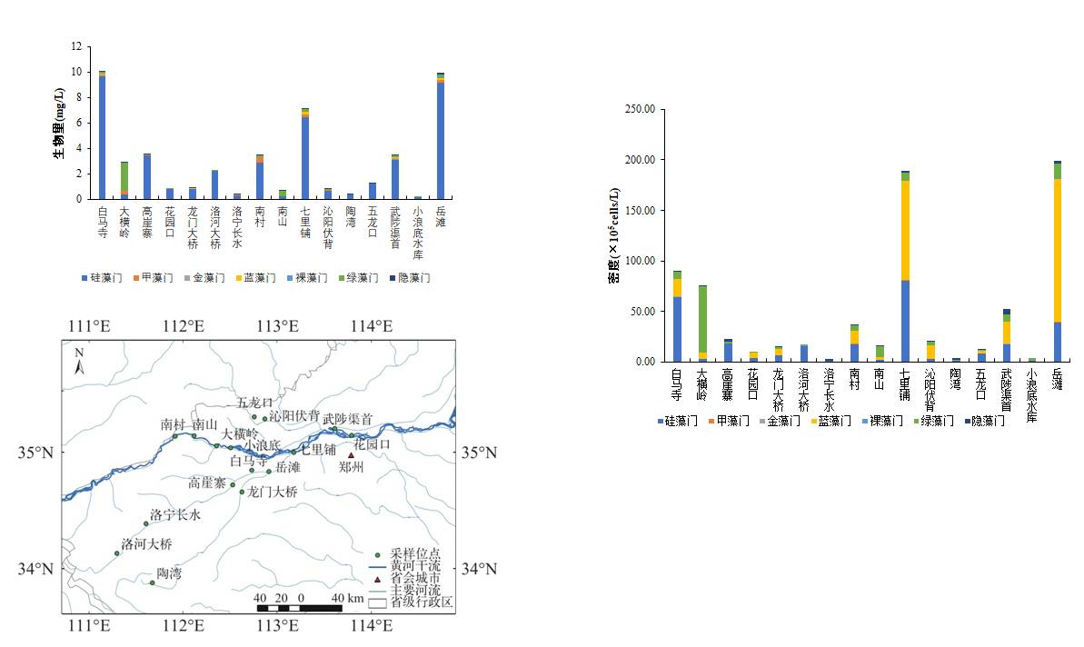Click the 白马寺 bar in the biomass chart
(102, 136)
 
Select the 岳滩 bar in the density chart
(1057, 264)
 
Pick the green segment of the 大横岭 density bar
(702, 318)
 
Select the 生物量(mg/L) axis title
(58, 124)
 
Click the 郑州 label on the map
(351, 467)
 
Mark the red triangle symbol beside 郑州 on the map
(352, 455)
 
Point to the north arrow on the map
(80, 363)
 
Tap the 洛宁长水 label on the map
(174, 514)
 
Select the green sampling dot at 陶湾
(152, 582)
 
